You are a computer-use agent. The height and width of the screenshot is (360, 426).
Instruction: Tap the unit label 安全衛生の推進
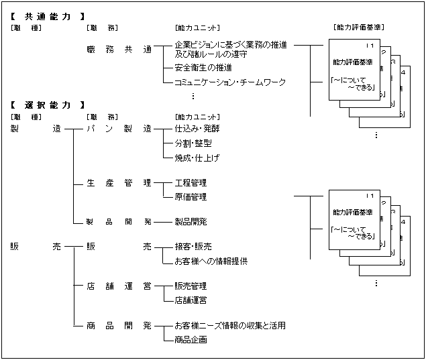(203, 68)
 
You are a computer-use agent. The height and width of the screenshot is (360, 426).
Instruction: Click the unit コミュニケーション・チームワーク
(229, 82)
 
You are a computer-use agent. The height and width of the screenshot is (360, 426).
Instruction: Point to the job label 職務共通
(119, 50)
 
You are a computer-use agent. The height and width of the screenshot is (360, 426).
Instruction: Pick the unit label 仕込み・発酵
(197, 129)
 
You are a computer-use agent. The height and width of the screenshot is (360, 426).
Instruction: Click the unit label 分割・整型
(193, 143)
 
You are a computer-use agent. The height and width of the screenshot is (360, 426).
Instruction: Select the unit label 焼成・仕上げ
(197, 158)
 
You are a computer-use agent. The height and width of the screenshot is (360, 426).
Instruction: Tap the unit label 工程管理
(190, 182)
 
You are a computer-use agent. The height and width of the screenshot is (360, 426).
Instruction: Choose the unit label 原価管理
(190, 197)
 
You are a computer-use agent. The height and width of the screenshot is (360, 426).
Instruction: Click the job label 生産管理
(119, 182)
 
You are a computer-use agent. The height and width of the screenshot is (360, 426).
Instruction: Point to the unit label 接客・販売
(193, 247)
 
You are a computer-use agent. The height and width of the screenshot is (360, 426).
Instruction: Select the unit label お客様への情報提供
(211, 261)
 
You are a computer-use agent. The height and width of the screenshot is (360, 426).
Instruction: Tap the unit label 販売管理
(190, 286)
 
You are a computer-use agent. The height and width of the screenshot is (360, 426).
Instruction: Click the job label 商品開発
(119, 326)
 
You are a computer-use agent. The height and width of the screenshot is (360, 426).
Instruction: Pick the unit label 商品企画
(190, 340)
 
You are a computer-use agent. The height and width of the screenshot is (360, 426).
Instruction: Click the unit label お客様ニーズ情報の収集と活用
(229, 326)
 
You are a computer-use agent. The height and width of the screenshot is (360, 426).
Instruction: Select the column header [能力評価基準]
(358, 27)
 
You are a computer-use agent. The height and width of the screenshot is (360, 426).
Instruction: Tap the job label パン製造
(119, 129)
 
